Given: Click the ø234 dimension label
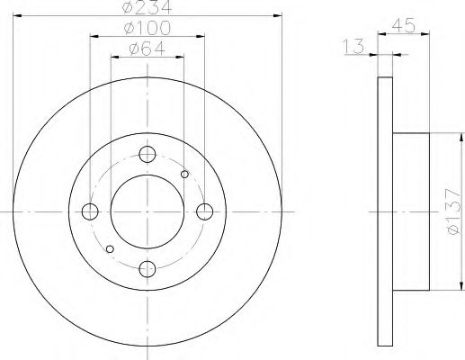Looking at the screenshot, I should coord(148,8).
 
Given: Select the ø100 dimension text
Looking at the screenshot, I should coord(148,29).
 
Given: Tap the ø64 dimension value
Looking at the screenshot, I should coord(148,49).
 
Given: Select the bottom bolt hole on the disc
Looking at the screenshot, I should coord(148,267).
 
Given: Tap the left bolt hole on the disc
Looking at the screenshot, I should coord(90,211).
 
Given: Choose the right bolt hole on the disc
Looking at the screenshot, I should coord(205,211).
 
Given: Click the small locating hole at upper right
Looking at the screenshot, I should coord(185,174).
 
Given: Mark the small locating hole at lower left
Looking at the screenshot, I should coord(110,248).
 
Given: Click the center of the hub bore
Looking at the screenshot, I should coord(148,211).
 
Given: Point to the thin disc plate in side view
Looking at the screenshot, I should coord(385,211).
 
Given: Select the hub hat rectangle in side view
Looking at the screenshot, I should coord(412,211).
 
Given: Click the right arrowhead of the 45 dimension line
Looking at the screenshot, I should coord(427,36).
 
